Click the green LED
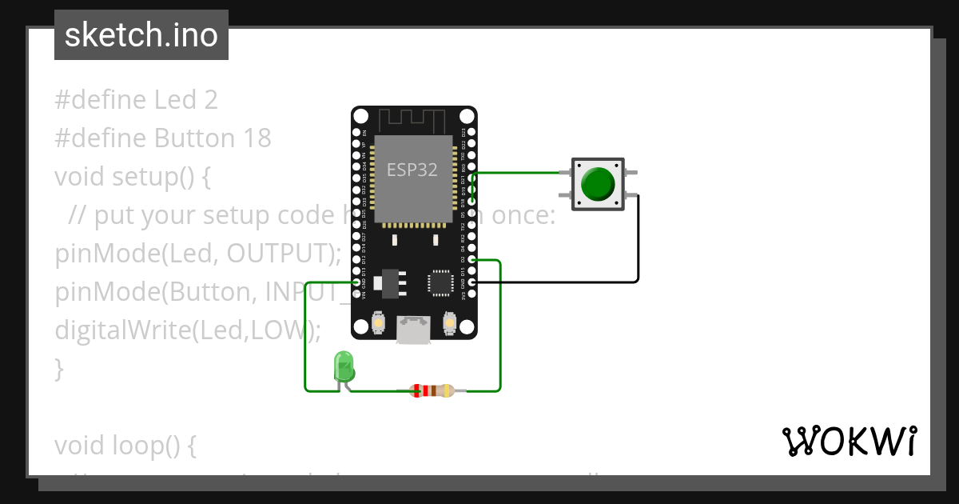[344, 367]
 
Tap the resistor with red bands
[432, 391]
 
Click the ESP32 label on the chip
[412, 170]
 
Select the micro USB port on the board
[414, 329]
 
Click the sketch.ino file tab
[141, 35]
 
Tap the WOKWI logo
[849, 442]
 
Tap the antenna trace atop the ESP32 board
[412, 122]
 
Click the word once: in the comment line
[523, 215]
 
